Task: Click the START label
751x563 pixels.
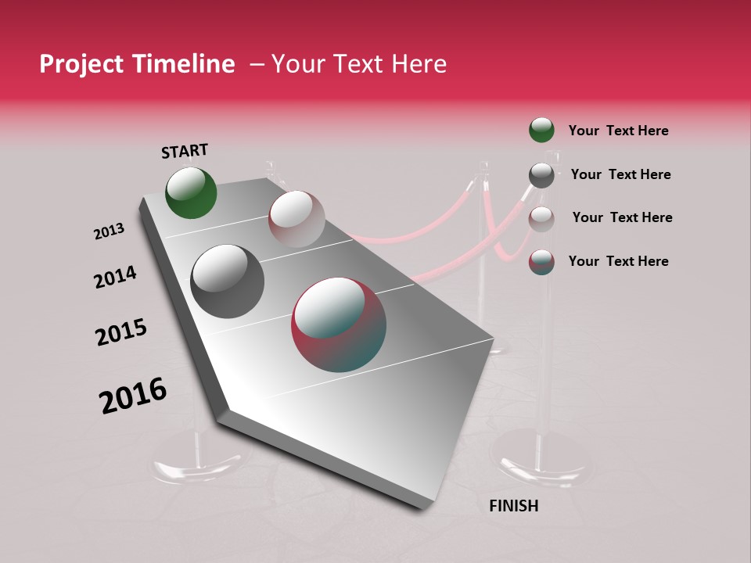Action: point(185,151)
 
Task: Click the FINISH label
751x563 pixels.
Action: point(513,506)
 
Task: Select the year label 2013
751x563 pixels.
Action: point(109,231)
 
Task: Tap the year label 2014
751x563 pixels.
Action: point(115,278)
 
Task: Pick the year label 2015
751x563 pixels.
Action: point(121,332)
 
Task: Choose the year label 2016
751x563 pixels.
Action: point(133,396)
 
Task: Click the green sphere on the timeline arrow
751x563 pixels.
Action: point(191,192)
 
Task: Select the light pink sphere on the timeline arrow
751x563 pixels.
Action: point(296,219)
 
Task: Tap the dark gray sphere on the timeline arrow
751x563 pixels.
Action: point(227,281)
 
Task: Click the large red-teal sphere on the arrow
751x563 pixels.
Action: point(339,325)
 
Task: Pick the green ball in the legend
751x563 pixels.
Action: point(541,131)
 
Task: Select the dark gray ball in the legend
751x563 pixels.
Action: point(541,175)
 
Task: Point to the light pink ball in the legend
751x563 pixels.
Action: point(541,219)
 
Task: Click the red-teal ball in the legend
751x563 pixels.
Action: point(541,262)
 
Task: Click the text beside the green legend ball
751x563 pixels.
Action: point(618,131)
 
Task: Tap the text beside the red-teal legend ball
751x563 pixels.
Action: point(618,261)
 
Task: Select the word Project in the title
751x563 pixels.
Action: point(81,64)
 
